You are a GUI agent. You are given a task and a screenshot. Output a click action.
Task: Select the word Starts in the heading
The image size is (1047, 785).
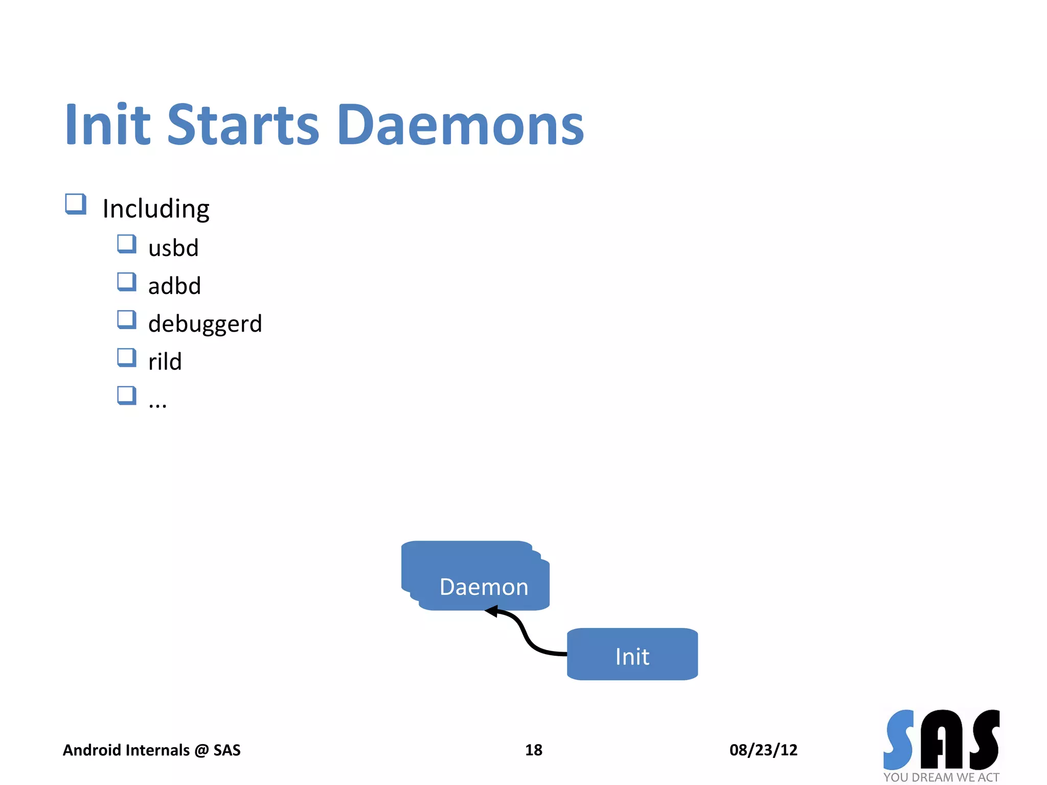(x=243, y=125)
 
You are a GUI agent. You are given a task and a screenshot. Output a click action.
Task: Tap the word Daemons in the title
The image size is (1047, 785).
(x=460, y=125)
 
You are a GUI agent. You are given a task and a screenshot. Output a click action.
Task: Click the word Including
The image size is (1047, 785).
(x=156, y=209)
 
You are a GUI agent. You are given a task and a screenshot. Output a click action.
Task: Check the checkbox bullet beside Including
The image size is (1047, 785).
(x=76, y=204)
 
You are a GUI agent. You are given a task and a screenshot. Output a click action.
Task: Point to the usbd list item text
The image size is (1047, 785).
(x=173, y=248)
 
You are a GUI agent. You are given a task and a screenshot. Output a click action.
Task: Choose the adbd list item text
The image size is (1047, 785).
(x=174, y=286)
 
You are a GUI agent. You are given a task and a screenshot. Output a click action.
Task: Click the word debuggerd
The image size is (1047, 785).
(x=205, y=324)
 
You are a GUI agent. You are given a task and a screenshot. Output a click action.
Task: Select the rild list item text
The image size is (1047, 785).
(x=165, y=362)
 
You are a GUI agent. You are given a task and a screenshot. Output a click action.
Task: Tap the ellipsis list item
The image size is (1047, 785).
(x=157, y=404)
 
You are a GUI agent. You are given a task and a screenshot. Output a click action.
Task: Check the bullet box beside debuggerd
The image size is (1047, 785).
(x=126, y=320)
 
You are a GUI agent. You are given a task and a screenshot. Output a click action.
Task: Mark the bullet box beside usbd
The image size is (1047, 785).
(x=126, y=244)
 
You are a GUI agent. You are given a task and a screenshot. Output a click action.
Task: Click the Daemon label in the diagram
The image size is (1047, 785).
(x=484, y=587)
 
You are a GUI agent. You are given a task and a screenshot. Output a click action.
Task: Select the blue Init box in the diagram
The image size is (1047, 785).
(x=632, y=655)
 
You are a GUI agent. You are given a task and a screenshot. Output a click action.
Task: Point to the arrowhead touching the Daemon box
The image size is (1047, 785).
(x=492, y=611)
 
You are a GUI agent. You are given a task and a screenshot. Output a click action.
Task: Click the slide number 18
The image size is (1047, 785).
(x=533, y=750)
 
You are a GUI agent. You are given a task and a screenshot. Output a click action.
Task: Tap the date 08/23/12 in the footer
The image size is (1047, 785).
(x=763, y=750)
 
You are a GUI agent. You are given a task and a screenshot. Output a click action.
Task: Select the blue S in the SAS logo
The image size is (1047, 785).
(x=899, y=740)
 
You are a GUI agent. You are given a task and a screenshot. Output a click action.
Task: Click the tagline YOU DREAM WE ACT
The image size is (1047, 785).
(x=941, y=777)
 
